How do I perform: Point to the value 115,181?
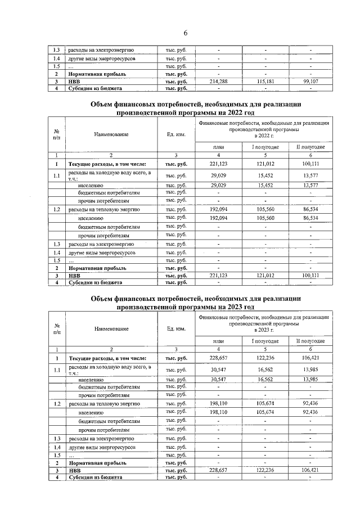[x=264, y=82]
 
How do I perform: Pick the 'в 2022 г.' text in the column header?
[x=264, y=136]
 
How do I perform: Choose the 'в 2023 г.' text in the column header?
[x=264, y=331]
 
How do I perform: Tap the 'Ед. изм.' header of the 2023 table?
[x=177, y=328]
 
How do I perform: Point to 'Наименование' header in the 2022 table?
[x=111, y=134]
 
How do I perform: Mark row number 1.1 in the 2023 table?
[x=56, y=370]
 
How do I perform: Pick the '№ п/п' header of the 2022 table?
[x=56, y=134]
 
